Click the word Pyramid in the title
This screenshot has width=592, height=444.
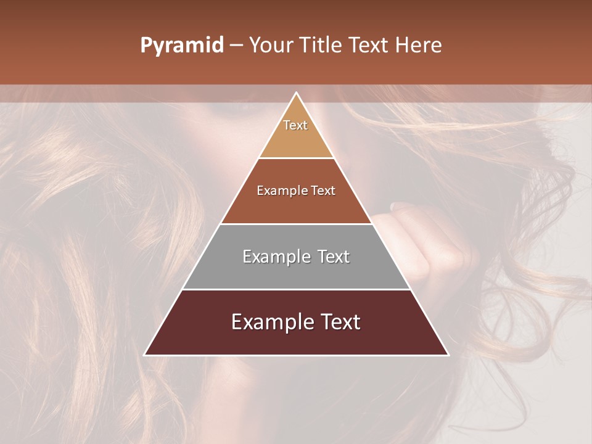(x=182, y=46)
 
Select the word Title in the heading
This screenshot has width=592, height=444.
(x=321, y=46)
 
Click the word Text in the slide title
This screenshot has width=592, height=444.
(x=369, y=46)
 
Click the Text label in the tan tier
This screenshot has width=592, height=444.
(x=295, y=125)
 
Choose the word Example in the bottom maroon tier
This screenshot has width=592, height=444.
(x=267, y=322)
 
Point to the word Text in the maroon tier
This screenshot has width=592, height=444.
(x=337, y=322)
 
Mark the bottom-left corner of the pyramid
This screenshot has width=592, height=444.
(x=145, y=355)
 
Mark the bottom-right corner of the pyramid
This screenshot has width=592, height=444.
(x=448, y=355)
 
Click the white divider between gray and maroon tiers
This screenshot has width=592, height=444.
(x=297, y=289)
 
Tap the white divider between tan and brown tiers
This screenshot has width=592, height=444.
(x=297, y=158)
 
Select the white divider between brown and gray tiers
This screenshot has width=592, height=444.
(x=297, y=224)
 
